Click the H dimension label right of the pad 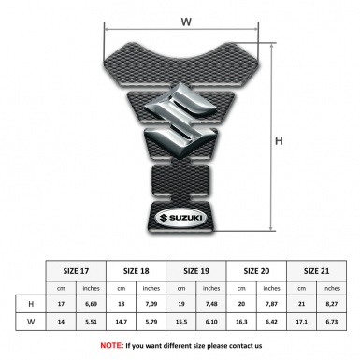pyautogui.click(x=280, y=141)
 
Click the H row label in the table pyautogui.click(x=31, y=304)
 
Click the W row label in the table pyautogui.click(x=31, y=324)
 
